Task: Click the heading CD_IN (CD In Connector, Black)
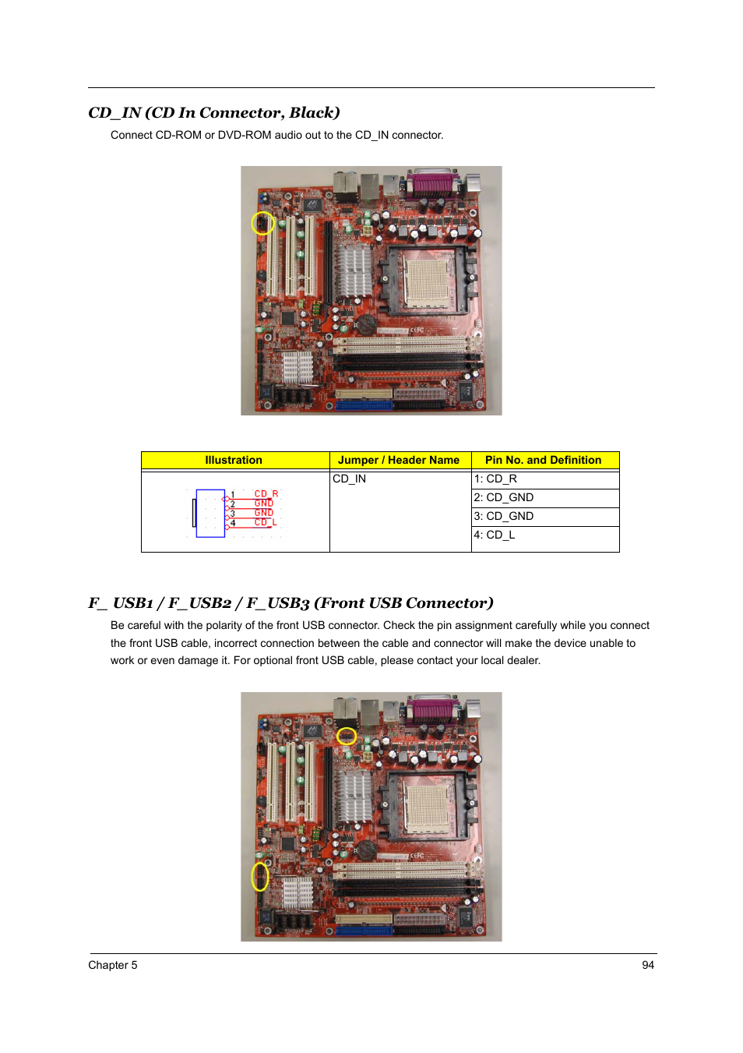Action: pos(214,113)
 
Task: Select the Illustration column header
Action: pos(234,461)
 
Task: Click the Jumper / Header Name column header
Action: pos(399,461)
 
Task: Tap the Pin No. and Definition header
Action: pos(543,461)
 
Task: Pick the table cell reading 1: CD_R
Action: pos(544,479)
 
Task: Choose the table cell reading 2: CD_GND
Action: pos(544,498)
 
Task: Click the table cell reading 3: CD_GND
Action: pos(544,517)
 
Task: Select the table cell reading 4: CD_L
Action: pos(544,535)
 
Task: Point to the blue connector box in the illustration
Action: pos(210,513)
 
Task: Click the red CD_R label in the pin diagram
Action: pos(266,494)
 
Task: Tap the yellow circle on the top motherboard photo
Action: pos(262,224)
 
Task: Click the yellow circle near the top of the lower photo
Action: pos(346,736)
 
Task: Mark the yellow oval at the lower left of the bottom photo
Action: pos(259,877)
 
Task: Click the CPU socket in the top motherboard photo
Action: pos(426,281)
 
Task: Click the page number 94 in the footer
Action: pos(648,965)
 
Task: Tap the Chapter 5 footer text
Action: pos(113,965)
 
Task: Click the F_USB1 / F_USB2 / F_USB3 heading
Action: pos(291,603)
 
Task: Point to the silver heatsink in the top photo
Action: pos(354,270)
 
